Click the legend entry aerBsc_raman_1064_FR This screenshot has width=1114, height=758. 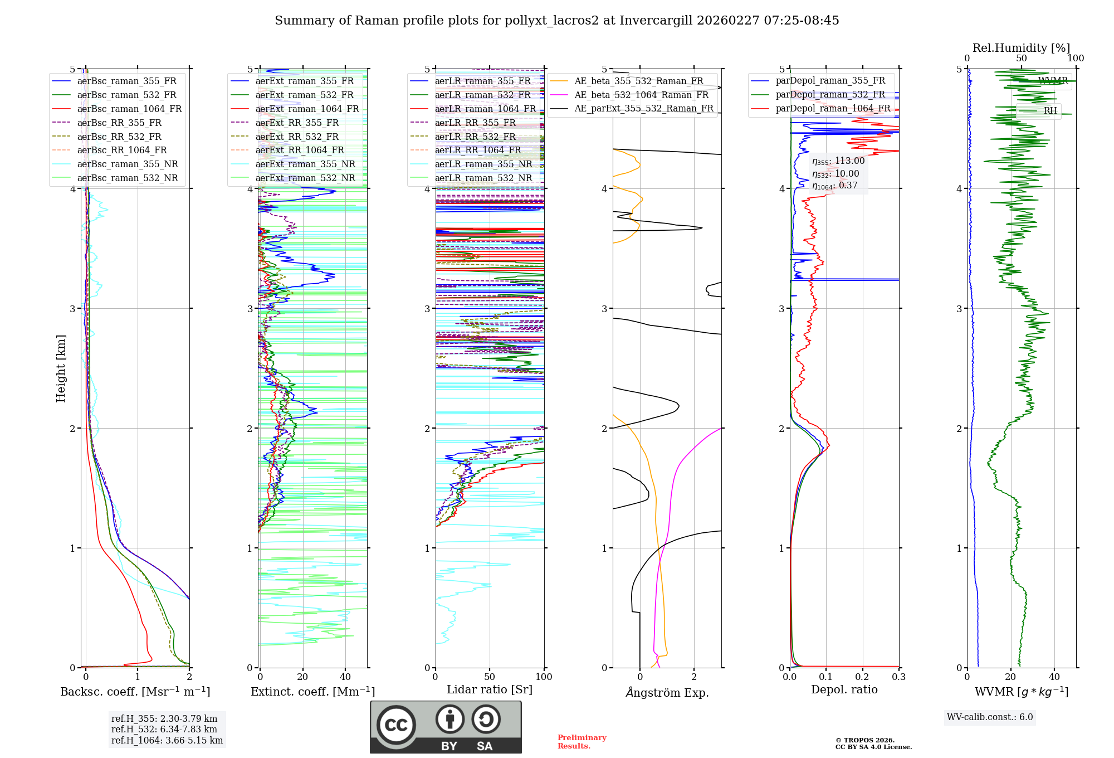129,109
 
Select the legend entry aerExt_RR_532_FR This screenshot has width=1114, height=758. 297,137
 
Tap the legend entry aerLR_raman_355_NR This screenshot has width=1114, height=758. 483,164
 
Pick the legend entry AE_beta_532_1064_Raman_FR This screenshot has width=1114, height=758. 641,95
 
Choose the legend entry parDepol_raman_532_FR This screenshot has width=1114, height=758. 830,95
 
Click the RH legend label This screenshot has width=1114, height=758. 1050,110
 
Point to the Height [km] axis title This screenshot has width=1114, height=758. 61,368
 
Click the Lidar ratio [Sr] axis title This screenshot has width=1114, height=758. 489,689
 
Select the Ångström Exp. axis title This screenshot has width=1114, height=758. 667,693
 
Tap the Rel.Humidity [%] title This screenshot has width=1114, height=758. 1021,48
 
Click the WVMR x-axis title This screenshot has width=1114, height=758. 1021,692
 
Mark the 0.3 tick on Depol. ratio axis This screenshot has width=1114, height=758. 898,677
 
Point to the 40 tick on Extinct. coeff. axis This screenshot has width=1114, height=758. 345,677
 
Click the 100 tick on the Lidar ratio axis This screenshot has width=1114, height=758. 544,677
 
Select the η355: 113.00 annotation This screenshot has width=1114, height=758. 838,161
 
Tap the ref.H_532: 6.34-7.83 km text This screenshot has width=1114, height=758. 164,730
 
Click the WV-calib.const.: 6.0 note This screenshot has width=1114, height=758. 990,717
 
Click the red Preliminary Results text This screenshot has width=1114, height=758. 582,742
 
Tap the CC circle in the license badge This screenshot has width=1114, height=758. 396,725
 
